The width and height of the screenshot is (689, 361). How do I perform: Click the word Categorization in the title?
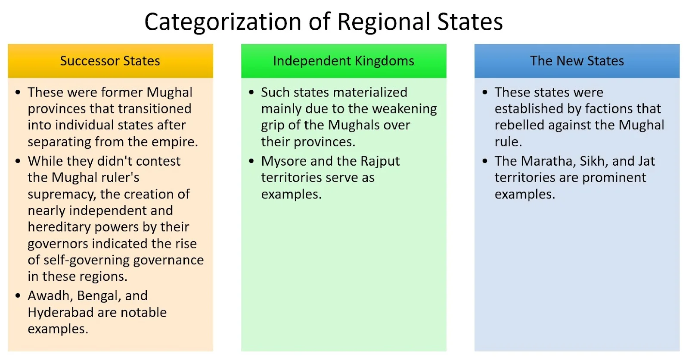tap(223, 22)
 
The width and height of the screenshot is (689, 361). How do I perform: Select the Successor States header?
tap(110, 61)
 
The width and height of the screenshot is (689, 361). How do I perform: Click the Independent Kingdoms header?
tap(344, 61)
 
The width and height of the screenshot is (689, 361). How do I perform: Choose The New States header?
tap(577, 61)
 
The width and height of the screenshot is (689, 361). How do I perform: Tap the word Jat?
tap(646, 161)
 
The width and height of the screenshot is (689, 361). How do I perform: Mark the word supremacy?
tap(62, 195)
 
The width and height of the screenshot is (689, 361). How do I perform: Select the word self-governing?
tap(87, 260)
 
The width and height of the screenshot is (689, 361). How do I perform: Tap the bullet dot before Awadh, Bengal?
tap(18, 296)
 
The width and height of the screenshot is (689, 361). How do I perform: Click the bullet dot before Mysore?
tap(251, 161)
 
